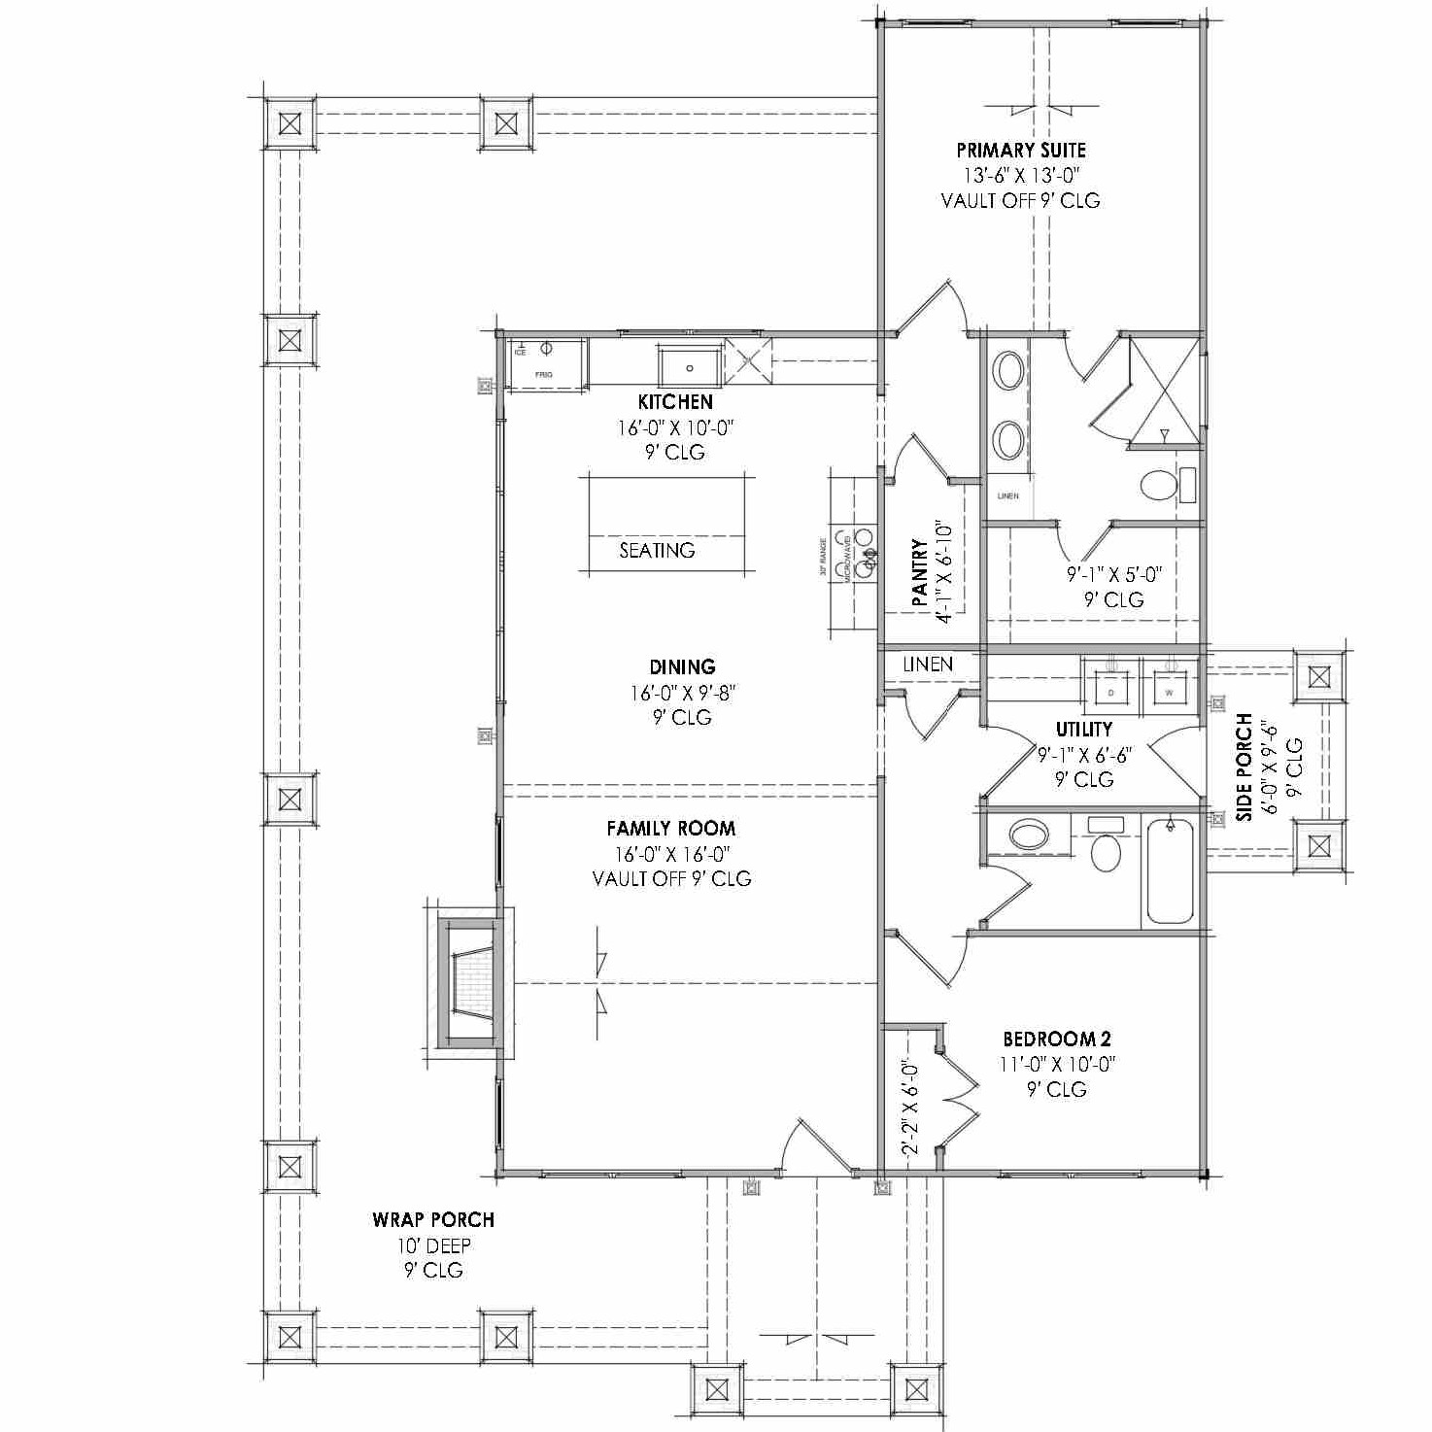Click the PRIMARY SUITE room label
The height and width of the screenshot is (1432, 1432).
click(x=1021, y=151)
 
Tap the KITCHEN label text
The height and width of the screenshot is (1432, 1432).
click(x=675, y=402)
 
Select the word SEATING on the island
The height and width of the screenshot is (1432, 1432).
click(x=658, y=551)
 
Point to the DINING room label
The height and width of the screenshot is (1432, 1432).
click(x=682, y=667)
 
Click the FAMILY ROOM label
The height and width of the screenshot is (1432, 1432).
click(x=671, y=829)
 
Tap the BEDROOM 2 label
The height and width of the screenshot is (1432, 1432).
click(x=1057, y=1040)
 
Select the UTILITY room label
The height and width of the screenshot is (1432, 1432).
click(x=1084, y=730)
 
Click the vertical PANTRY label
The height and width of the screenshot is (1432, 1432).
click(x=919, y=574)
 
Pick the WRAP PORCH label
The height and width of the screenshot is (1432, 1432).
click(x=433, y=1220)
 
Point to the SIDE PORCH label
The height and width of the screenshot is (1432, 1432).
click(x=1244, y=767)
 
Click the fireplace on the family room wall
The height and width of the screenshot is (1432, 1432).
click(x=471, y=983)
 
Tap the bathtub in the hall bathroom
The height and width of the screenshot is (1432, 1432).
click(x=1170, y=872)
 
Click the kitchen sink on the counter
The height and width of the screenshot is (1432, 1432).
click(x=690, y=367)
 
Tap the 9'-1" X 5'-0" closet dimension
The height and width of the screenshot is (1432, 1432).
click(x=1113, y=574)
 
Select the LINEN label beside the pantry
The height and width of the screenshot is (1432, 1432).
click(x=928, y=665)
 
